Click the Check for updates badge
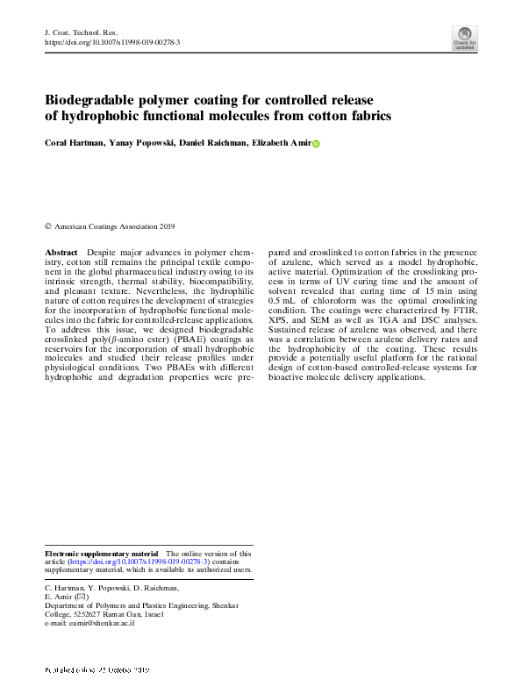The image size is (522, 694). point(464,38)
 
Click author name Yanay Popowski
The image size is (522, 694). point(138,143)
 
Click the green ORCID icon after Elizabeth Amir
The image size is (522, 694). point(316,144)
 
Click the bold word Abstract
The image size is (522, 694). point(61,252)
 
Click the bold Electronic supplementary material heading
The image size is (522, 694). point(101,554)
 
